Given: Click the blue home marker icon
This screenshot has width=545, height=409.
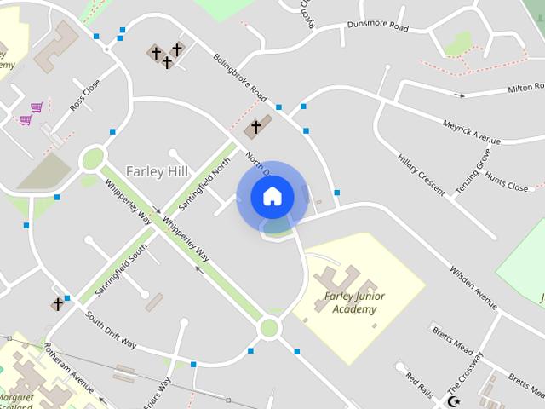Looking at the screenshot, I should click(x=272, y=197).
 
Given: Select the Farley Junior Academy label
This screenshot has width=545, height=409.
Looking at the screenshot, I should click(x=354, y=302).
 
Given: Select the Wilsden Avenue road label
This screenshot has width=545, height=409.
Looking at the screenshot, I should click(x=473, y=282).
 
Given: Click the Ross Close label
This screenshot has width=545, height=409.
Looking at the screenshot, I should click(x=85, y=95).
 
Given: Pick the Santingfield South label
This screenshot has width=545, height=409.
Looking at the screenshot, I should click(x=122, y=270).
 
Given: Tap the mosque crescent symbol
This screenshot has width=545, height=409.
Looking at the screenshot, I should click(x=454, y=400).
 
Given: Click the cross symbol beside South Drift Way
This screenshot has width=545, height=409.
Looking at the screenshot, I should click(x=58, y=304).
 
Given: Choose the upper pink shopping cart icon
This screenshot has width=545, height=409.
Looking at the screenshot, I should click(x=37, y=107).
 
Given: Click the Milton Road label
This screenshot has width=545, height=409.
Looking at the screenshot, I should click(x=525, y=88).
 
